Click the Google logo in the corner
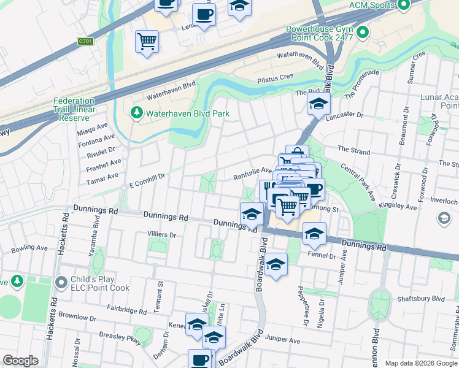tap(20, 361)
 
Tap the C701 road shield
tap(85, 42)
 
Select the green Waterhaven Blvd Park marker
tap(136, 113)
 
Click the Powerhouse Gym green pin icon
tap(363, 31)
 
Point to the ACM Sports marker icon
tap(403, 6)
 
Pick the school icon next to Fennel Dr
tap(314, 232)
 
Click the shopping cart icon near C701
tap(147, 42)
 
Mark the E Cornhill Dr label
tap(147, 177)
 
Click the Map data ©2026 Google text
tap(420, 362)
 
